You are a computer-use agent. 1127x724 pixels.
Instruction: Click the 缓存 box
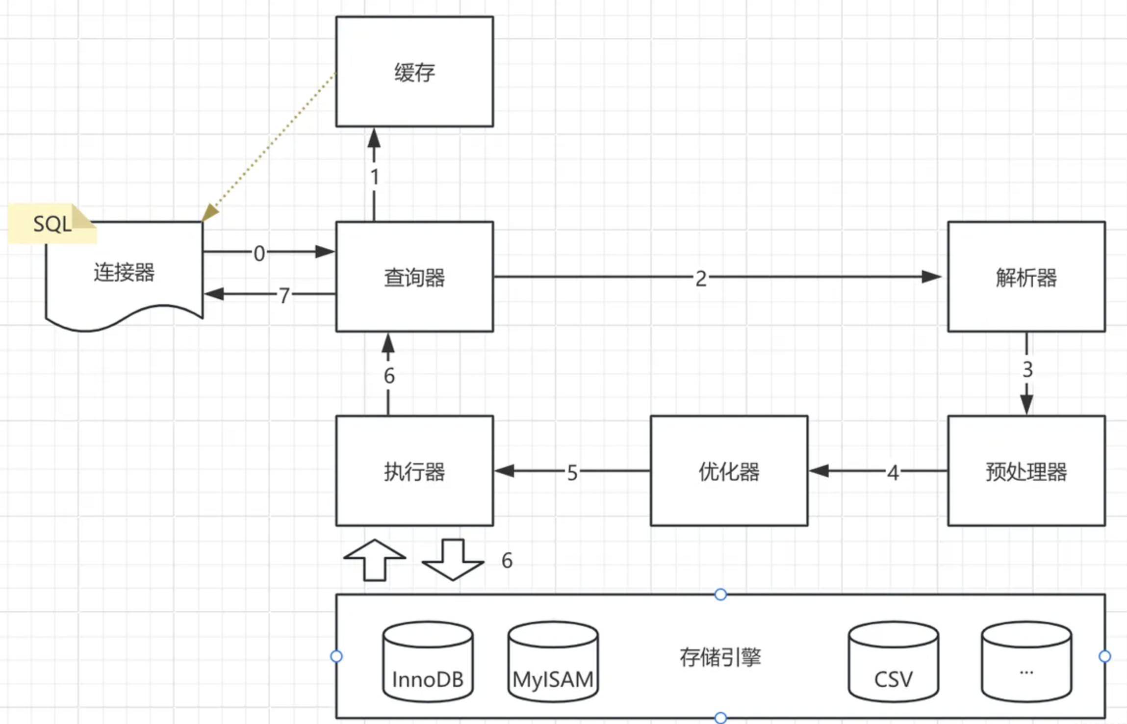pos(414,72)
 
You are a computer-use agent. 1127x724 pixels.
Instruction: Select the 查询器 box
pos(414,277)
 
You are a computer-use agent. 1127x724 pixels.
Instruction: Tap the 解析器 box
pos(1026,277)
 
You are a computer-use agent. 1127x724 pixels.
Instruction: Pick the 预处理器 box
pos(1026,471)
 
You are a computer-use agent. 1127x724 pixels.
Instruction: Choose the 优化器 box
pos(729,471)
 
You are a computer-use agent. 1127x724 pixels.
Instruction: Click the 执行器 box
pos(414,471)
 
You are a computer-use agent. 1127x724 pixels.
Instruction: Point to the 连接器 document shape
pos(124,273)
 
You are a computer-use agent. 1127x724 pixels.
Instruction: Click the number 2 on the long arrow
pos(701,279)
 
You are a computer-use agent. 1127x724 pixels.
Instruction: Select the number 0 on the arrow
pos(259,254)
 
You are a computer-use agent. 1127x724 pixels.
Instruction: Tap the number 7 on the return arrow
pos(284,295)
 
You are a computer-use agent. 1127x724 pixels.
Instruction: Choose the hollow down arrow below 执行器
pos(453,559)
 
